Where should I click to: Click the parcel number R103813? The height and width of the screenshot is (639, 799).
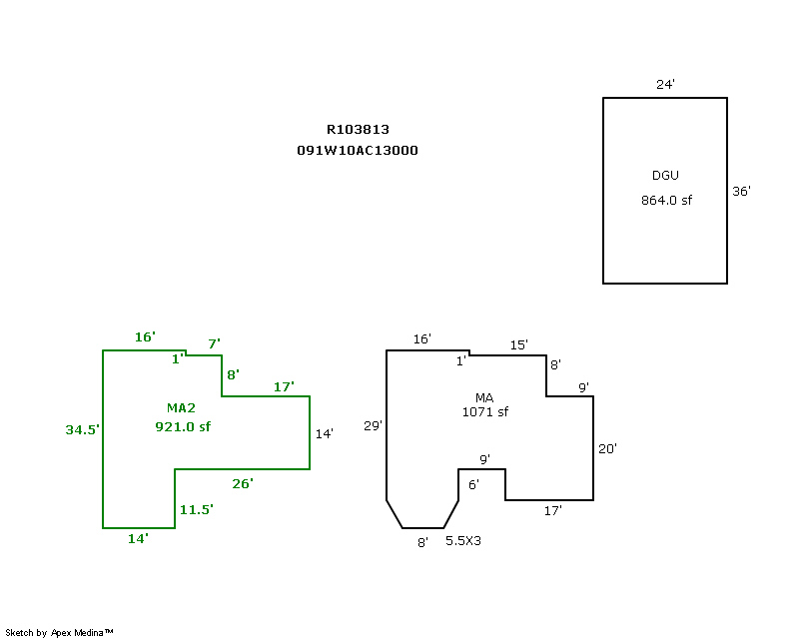tap(358, 129)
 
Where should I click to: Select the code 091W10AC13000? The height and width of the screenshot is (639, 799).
tap(358, 151)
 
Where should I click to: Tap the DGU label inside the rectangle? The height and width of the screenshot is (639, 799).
tap(665, 176)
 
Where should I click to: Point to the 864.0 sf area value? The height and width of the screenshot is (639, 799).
tap(666, 200)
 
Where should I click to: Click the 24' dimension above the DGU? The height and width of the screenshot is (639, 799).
tap(665, 85)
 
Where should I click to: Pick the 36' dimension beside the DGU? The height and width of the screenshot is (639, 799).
tap(741, 191)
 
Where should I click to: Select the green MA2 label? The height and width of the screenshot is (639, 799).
tap(182, 407)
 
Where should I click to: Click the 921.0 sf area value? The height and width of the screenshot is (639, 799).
tap(183, 426)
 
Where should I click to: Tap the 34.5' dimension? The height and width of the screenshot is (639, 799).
tap(83, 429)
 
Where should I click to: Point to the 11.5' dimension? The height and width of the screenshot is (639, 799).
tap(197, 509)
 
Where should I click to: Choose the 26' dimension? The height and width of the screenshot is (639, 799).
tap(243, 483)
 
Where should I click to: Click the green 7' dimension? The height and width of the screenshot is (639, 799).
tap(214, 343)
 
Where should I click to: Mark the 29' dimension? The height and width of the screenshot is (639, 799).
tap(373, 426)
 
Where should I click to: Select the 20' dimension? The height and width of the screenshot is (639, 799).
tap(607, 449)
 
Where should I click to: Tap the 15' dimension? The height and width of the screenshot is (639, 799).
tap(518, 344)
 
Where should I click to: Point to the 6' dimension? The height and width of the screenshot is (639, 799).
tap(473, 484)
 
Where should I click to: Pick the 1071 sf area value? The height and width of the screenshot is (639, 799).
tap(485, 411)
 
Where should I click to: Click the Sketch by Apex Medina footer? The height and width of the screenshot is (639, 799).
tap(60, 632)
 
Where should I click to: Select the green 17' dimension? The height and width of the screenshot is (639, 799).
tap(284, 386)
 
